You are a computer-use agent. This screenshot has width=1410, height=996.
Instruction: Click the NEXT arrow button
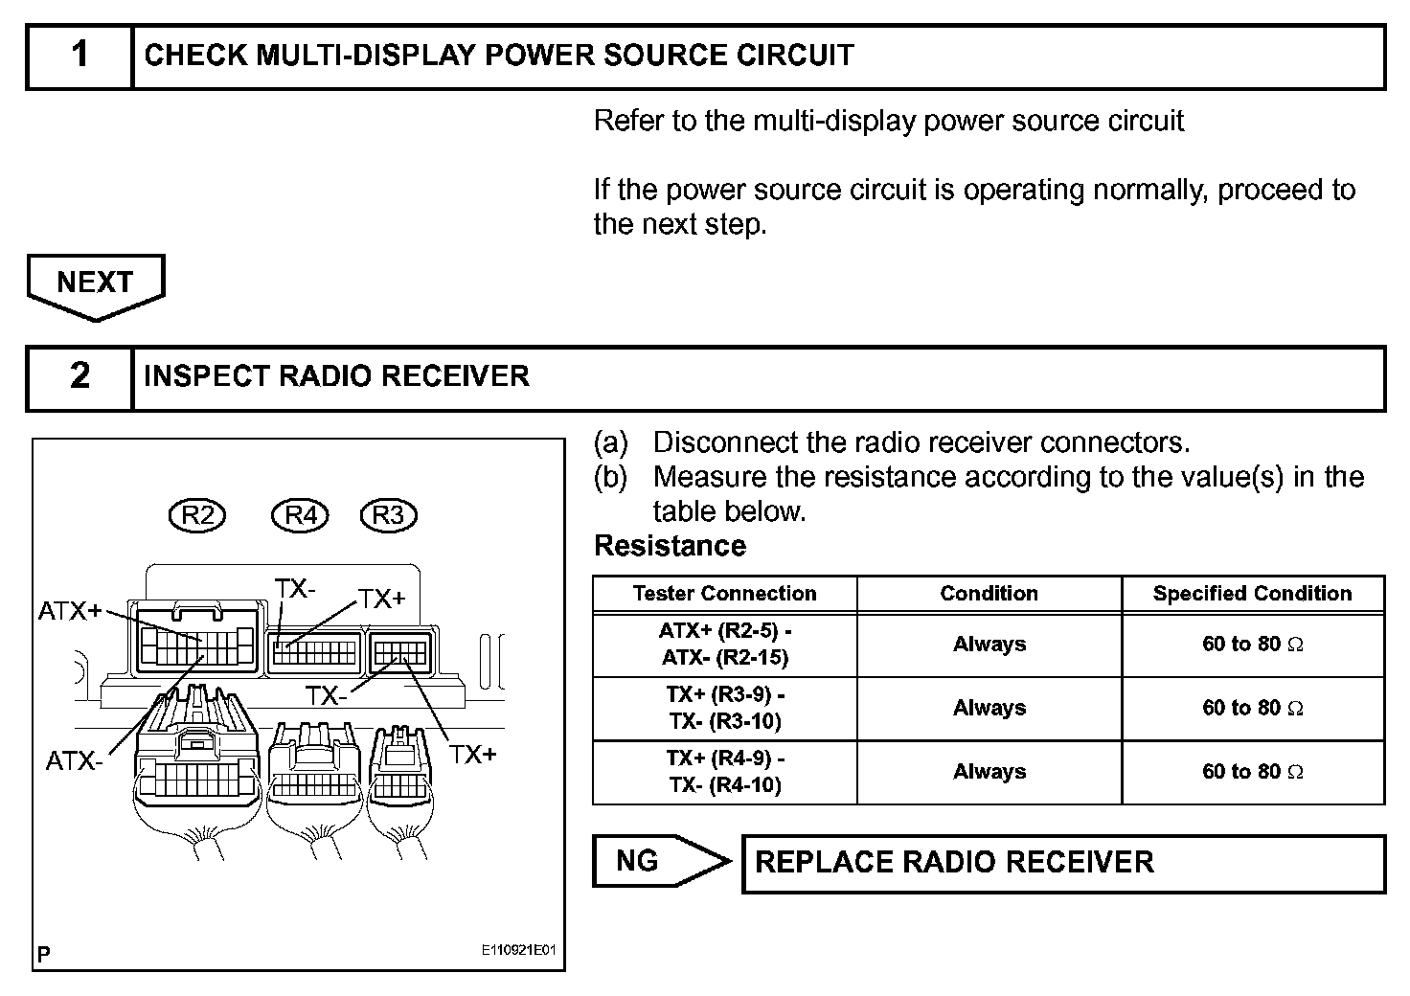[95, 284]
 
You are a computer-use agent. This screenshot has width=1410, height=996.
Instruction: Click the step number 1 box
[80, 57]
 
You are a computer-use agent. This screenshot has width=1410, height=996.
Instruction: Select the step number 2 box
[80, 377]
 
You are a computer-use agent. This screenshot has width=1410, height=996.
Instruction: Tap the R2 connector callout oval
[197, 515]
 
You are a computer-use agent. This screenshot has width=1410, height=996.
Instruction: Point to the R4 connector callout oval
[301, 515]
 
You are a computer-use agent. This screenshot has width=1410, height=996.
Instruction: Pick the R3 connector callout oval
[388, 515]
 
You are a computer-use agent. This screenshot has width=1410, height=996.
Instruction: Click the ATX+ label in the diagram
[69, 610]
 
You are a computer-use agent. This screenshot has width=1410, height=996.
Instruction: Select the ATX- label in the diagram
[73, 761]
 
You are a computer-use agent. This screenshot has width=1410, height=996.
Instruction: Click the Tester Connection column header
[724, 594]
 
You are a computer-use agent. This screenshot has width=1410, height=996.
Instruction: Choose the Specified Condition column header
[1252, 594]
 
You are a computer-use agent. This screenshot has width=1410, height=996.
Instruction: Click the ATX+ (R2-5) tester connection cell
[724, 645]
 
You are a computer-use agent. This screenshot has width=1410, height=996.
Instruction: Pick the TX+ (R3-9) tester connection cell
[724, 708]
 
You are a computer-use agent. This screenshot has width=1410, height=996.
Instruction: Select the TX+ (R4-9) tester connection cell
[724, 772]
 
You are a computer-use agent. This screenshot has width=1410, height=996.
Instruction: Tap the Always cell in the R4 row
[989, 772]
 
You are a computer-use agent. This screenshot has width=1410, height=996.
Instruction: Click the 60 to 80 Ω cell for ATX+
[1252, 645]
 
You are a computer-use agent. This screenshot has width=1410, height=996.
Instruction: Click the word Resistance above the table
[670, 546]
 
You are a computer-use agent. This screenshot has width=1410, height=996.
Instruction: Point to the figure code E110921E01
[518, 951]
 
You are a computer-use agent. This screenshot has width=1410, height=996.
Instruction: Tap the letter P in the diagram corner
[44, 954]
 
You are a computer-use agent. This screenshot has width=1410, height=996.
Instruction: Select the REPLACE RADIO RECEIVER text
[954, 862]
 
